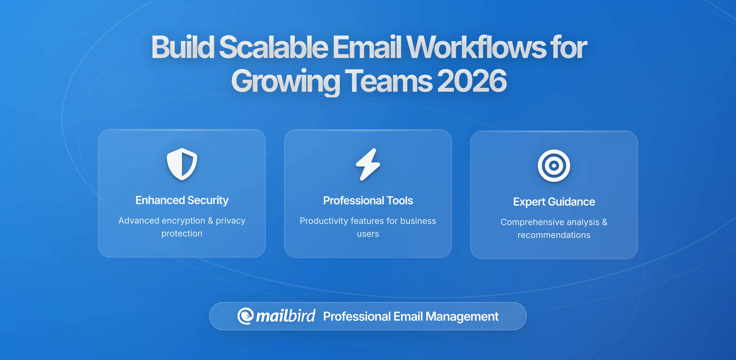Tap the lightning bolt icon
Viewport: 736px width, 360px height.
(368, 165)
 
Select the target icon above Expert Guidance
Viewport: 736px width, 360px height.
(554, 166)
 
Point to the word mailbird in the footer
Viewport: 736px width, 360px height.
(285, 316)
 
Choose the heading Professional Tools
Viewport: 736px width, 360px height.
(368, 201)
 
